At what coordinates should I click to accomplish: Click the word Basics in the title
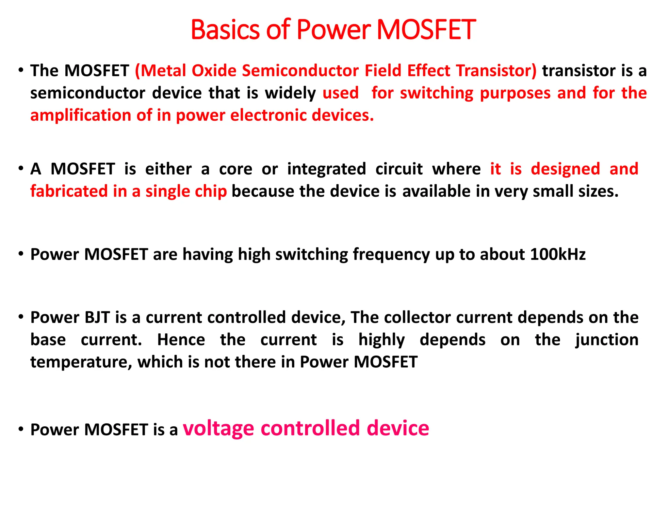tap(225, 30)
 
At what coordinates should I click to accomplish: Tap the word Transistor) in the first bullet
tap(496, 70)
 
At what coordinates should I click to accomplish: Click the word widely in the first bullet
tap(290, 93)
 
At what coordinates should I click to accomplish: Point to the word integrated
tap(326, 169)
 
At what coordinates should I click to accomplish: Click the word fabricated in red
tap(69, 191)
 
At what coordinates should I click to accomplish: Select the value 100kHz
tap(558, 254)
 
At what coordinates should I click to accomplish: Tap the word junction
tap(607, 340)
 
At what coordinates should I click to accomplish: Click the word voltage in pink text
tap(218, 428)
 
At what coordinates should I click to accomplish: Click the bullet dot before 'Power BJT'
tap(21, 317)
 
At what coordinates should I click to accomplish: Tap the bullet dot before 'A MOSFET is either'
tap(21, 168)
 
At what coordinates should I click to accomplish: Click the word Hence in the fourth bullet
tap(181, 340)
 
